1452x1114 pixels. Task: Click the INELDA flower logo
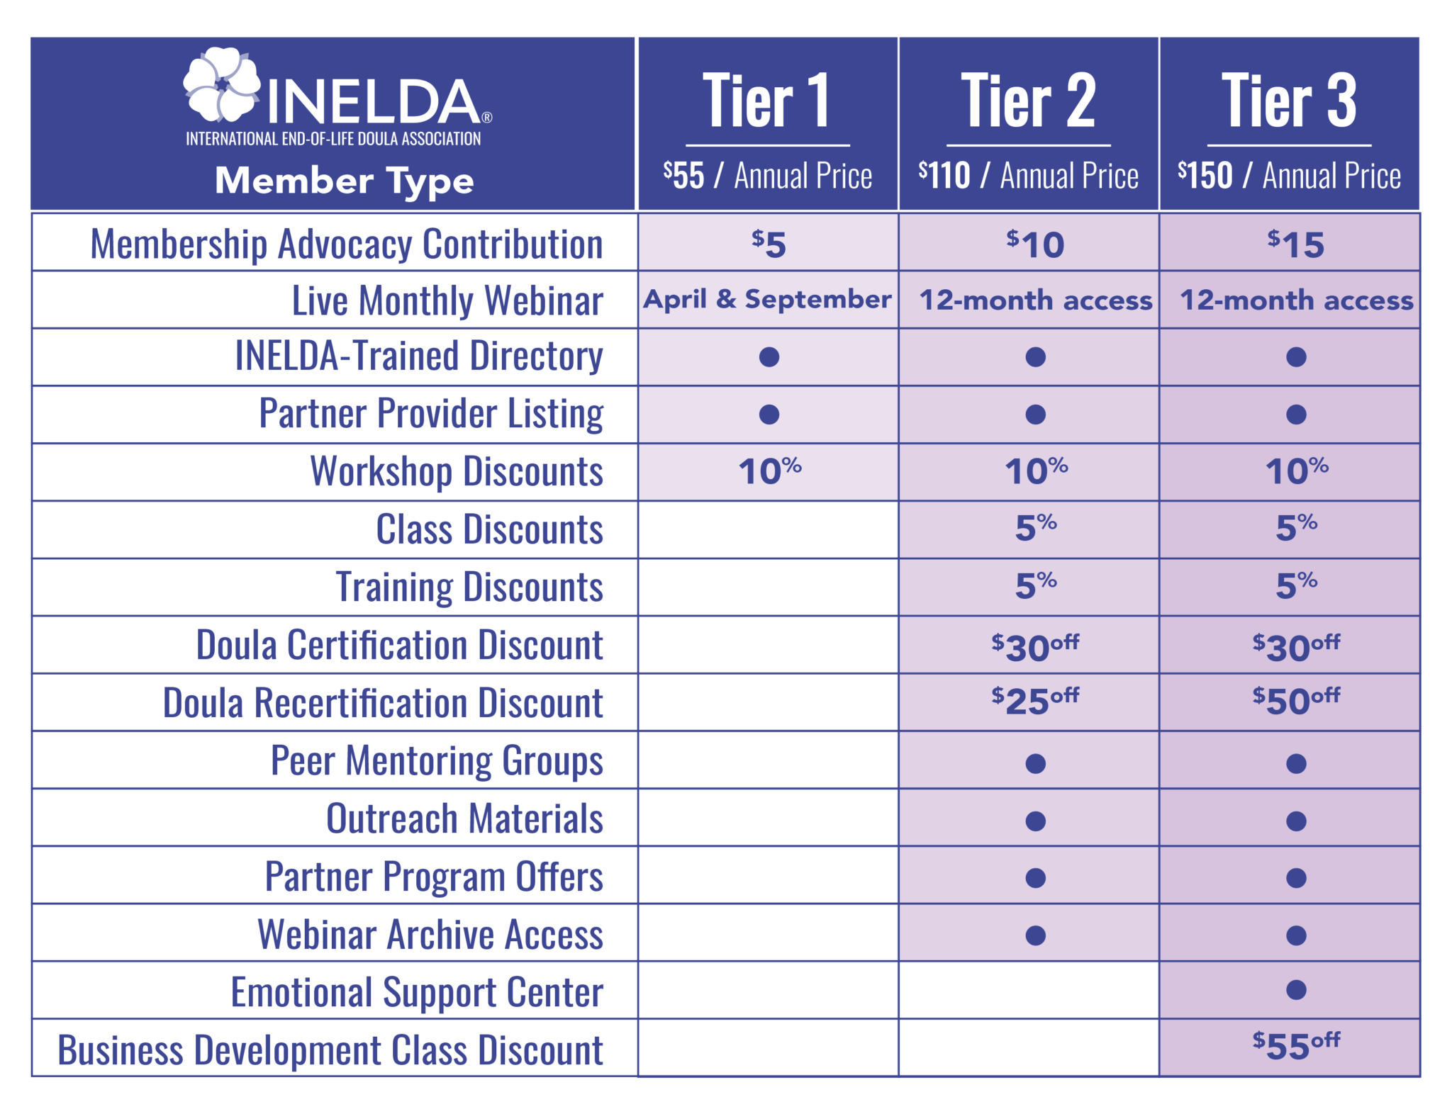221,85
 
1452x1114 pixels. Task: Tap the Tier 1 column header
766,101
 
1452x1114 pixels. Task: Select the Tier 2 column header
1028,101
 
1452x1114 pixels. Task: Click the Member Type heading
345,181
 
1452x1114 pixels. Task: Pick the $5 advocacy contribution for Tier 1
769,244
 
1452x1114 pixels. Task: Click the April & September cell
767,300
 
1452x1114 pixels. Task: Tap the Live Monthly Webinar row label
447,300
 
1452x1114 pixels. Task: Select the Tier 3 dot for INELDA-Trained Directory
1296,356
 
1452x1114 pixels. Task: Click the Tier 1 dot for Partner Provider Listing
769,415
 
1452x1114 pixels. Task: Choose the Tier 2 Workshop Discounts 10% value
1036,471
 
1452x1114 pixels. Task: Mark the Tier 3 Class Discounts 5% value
1296,529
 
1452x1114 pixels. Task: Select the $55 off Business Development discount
1296,1046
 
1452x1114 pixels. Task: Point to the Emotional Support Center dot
1296,989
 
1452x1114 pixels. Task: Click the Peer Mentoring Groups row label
437,761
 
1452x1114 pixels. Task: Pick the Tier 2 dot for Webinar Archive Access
1036,935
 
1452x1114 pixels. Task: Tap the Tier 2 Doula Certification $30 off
1035,646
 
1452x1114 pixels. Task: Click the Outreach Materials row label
464,818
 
